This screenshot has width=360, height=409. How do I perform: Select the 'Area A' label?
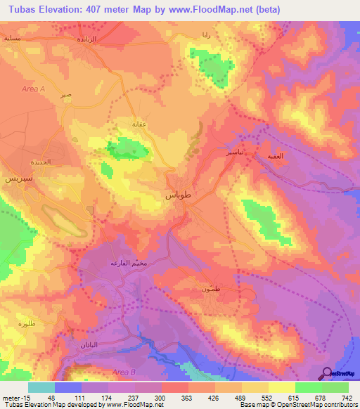coord(33,89)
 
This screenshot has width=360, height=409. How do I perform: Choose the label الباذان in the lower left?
coord(85,344)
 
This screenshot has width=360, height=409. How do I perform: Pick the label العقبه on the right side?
coord(275,156)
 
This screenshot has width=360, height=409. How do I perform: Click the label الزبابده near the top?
coord(91,39)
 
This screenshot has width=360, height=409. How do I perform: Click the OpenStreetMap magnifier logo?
coord(326,374)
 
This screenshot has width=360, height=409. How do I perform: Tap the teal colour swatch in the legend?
coord(41,387)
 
